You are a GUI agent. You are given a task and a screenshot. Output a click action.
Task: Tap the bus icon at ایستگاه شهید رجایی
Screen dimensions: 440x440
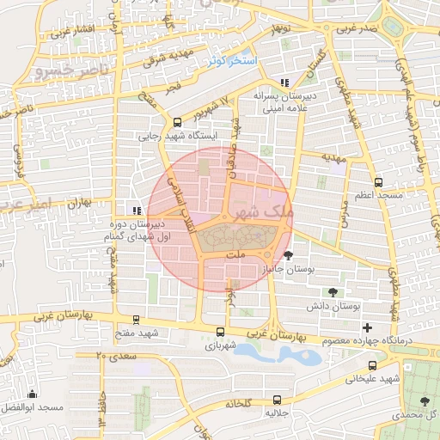pyautogui.click(x=177, y=122)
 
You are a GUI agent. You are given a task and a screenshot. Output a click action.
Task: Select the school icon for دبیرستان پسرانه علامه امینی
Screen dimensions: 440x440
pyautogui.click(x=284, y=83)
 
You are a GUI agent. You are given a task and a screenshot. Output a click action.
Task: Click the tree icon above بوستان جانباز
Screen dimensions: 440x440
pyautogui.click(x=288, y=254)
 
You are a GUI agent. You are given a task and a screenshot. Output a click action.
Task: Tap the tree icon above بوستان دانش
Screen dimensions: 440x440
pyautogui.click(x=333, y=292)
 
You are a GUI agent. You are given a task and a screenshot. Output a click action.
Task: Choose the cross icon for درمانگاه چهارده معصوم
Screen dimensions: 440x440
pyautogui.click(x=368, y=327)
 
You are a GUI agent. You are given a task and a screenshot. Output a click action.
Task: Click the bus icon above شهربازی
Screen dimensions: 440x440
pyautogui.click(x=220, y=332)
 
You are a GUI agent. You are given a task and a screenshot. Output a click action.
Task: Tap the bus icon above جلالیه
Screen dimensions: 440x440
pyautogui.click(x=277, y=400)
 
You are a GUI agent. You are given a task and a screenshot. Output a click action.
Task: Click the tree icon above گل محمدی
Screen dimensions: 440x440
pyautogui.click(x=424, y=400)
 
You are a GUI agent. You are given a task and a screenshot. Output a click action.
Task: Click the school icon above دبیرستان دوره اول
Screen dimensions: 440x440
pyautogui.click(x=135, y=210)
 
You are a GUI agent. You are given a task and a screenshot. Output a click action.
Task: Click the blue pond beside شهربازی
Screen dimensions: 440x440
pyautogui.click(x=261, y=352)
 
